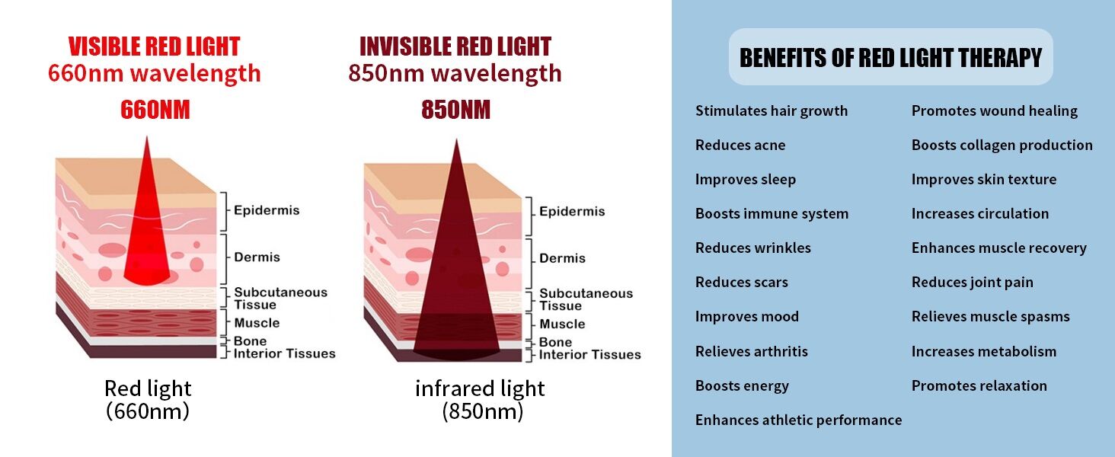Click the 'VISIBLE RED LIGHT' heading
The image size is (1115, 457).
tap(154, 46)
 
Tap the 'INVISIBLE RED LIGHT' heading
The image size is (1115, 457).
tap(455, 46)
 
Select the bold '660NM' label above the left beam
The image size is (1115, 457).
tap(155, 110)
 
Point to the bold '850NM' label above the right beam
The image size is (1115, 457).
tap(455, 110)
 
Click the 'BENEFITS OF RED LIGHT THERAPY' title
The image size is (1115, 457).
tap(890, 58)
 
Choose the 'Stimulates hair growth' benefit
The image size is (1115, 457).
tap(771, 111)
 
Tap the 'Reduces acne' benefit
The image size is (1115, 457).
tap(740, 145)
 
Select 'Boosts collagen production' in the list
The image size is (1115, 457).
tap(1002, 145)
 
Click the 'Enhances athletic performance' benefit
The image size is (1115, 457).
tap(798, 420)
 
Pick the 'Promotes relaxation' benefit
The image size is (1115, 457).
tap(979, 386)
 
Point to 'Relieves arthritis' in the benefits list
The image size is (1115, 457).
tap(751, 352)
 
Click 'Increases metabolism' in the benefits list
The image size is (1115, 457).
tap(983, 352)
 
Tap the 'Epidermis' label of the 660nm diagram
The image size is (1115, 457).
tap(267, 210)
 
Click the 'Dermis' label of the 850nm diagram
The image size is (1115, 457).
tap(562, 258)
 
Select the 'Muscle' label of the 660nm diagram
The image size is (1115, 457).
tap(257, 323)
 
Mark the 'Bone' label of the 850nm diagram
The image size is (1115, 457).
tap(555, 343)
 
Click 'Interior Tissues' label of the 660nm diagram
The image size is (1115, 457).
tap(284, 353)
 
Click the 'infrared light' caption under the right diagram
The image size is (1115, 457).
tap(480, 388)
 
